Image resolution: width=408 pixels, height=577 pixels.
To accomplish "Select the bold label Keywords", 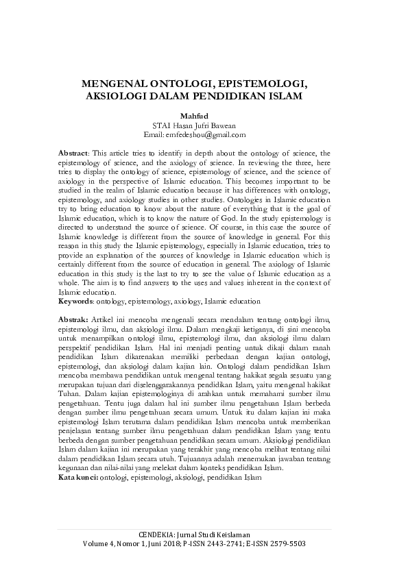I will coord(75,300).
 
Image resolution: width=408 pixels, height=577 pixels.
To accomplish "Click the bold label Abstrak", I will coord(72,319).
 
